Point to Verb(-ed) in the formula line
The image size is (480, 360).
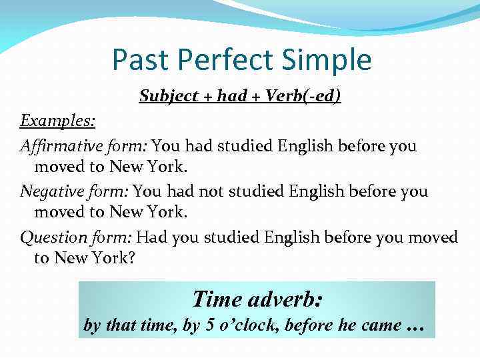[303, 97]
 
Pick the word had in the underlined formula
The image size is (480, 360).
[232, 97]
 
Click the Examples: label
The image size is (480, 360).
[57, 121]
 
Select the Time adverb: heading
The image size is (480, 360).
[257, 298]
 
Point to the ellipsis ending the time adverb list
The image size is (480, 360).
[415, 327]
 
